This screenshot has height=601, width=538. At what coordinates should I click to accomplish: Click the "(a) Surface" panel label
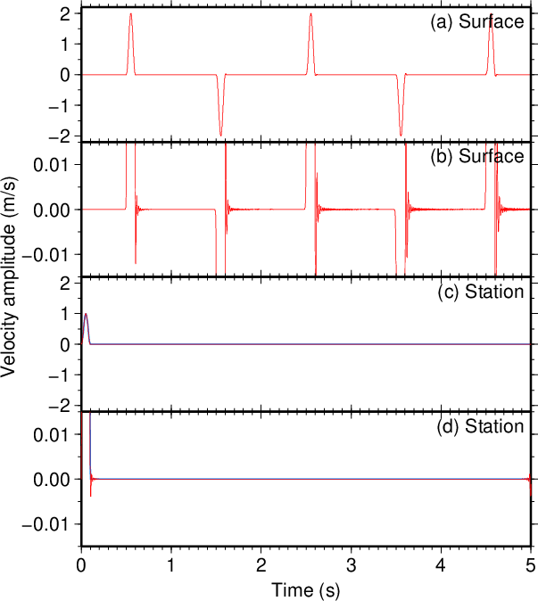click(x=477, y=21)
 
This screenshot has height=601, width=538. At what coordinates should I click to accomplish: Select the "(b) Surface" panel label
click(x=477, y=156)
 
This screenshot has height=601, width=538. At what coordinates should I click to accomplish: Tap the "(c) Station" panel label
click(x=481, y=292)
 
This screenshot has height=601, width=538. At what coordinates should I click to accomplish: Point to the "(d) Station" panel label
click(x=481, y=426)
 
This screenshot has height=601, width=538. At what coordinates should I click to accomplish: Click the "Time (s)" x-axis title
click(x=306, y=589)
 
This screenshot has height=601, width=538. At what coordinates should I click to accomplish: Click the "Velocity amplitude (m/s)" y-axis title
click(x=8, y=276)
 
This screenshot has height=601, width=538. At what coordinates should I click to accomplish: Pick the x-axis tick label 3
click(x=351, y=565)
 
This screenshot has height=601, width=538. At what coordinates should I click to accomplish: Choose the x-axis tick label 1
click(x=171, y=565)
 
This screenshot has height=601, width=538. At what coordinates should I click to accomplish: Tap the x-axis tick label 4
click(x=441, y=565)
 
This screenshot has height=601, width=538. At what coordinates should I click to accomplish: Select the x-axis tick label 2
click(x=261, y=565)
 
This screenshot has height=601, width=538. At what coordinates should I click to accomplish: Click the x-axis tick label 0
click(x=81, y=565)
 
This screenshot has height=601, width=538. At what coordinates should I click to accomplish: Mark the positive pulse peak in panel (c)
click(x=86, y=314)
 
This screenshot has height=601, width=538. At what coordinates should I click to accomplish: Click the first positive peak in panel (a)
click(x=131, y=13)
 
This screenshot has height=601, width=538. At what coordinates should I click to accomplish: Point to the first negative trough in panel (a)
click(x=220, y=136)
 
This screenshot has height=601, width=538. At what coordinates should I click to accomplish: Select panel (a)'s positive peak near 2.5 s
click(x=310, y=13)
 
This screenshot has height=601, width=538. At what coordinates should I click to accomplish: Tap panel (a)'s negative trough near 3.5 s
click(x=401, y=136)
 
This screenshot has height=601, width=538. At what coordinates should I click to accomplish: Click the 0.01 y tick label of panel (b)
click(x=52, y=165)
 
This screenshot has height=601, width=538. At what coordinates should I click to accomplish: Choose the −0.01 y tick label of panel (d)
click(x=46, y=524)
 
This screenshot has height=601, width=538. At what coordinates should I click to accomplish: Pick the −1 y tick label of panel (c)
click(x=59, y=375)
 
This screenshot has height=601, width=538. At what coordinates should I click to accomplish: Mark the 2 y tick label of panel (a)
click(x=64, y=13)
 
